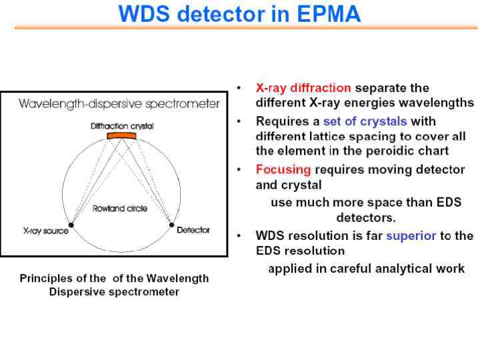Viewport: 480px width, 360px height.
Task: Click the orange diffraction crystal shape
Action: pos(121,136)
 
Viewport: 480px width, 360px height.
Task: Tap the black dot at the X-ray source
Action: pos(71,225)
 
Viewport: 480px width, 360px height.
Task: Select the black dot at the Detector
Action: pos(171,225)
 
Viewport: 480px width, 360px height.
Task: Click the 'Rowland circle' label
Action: pos(121,208)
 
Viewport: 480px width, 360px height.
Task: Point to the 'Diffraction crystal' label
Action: pos(121,125)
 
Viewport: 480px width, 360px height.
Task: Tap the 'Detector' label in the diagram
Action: pos(193,230)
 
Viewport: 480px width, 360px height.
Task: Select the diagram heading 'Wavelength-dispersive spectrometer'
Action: pos(119,104)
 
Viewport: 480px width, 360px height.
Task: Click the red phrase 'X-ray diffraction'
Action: pos(303,88)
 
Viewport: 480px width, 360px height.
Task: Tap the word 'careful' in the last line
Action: pos(359,269)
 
